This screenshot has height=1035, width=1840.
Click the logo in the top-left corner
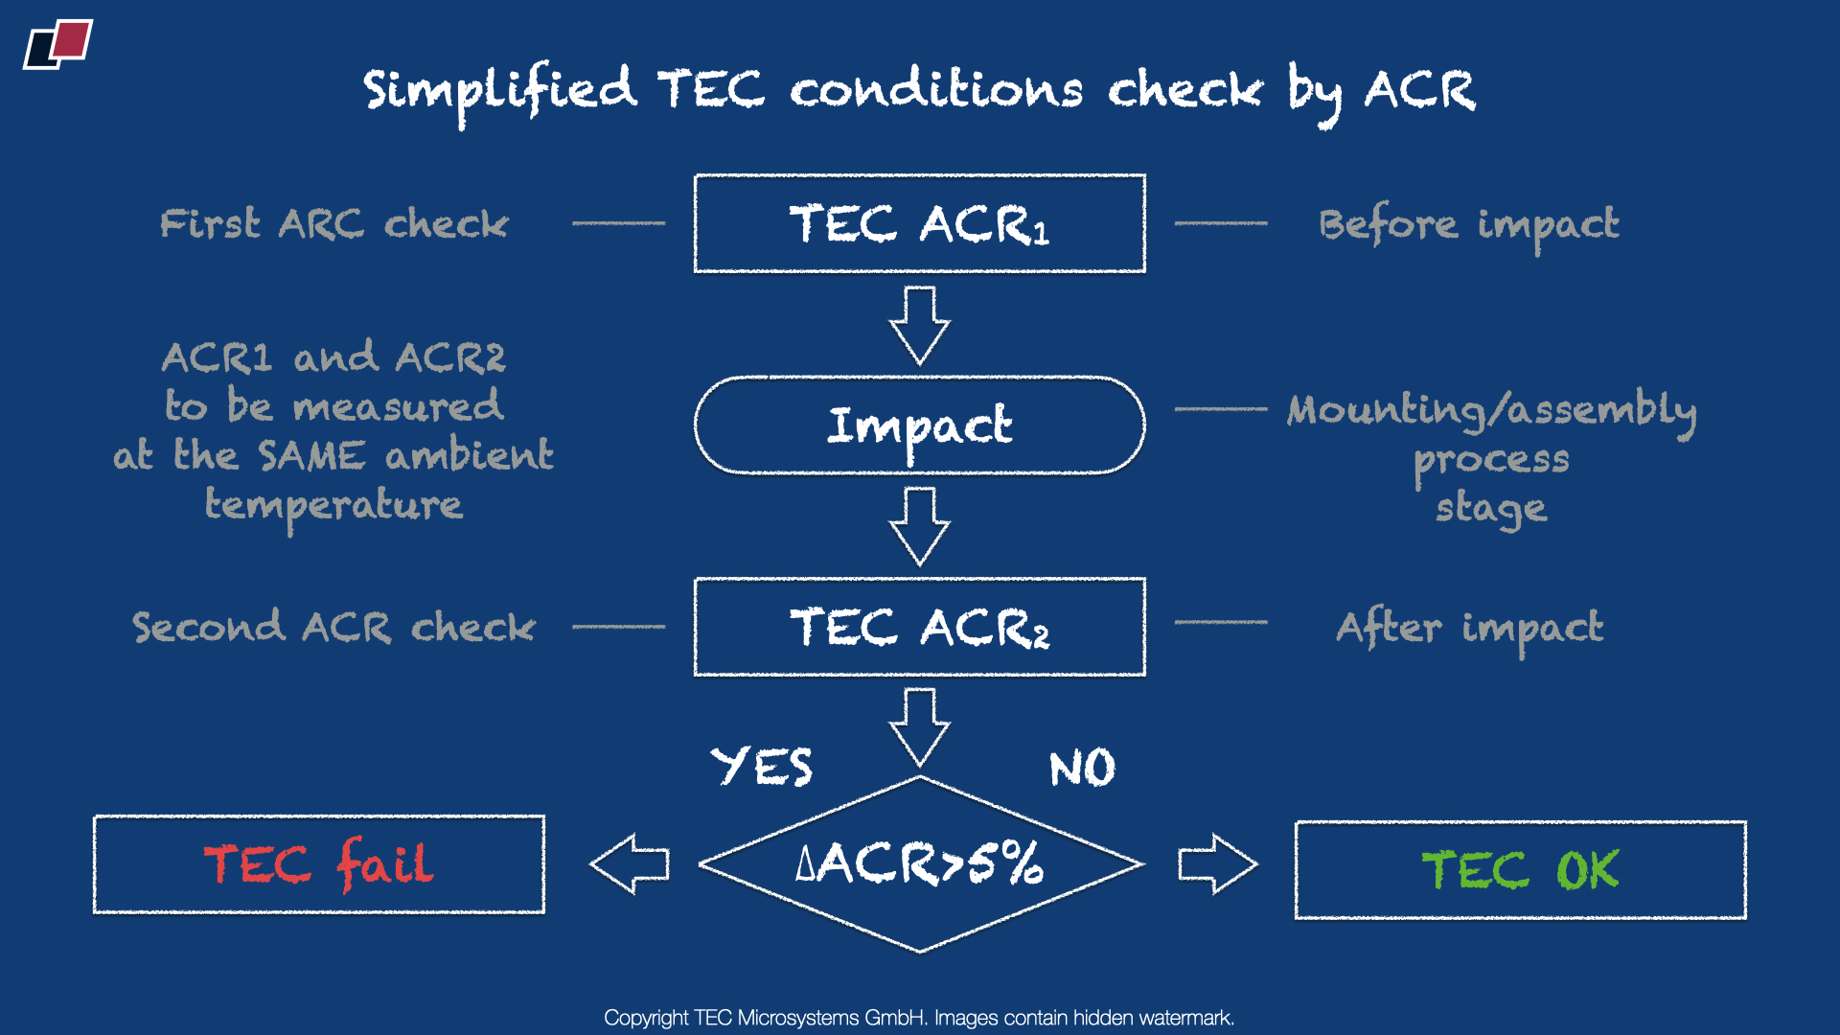[58, 44]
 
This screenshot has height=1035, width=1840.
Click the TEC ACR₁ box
[919, 223]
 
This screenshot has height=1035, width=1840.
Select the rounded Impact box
[919, 425]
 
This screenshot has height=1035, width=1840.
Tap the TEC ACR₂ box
[919, 627]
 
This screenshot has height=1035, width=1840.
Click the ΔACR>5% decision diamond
[919, 863]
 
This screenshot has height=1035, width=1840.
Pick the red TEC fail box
[319, 864]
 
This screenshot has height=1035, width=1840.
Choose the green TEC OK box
[1520, 870]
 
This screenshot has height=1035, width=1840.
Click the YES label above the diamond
[762, 767]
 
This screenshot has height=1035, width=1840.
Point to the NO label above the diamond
[1082, 769]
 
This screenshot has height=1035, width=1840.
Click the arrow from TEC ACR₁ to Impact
[919, 326]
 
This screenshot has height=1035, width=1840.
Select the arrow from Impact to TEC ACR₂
[919, 526]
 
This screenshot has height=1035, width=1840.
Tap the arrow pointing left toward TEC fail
[630, 863]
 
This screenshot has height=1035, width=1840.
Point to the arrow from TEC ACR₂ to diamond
[919, 726]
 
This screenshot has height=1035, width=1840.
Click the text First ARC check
[333, 224]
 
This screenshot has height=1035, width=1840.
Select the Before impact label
[1469, 225]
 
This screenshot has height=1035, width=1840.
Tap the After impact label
[1469, 628]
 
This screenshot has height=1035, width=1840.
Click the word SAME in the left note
[311, 455]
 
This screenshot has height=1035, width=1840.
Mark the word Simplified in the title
[499, 91]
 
